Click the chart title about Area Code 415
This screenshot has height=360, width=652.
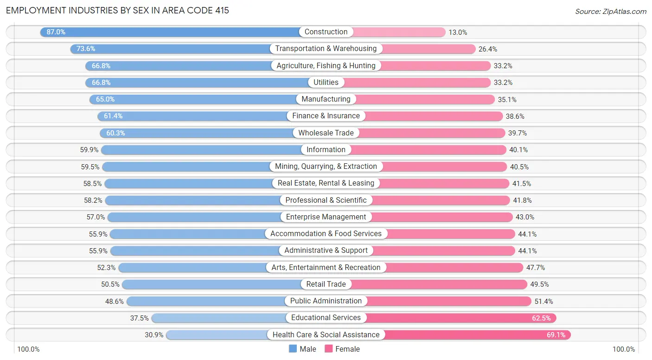coord(117,10)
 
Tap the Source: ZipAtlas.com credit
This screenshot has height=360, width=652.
coord(610,11)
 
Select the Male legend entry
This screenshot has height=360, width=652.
coord(302,349)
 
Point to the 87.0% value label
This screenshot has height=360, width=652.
coord(56,32)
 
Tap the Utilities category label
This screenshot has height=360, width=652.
coord(326,83)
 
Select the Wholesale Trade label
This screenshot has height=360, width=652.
coord(326,133)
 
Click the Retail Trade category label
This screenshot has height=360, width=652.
coord(326,284)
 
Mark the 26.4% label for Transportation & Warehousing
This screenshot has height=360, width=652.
coord(488,49)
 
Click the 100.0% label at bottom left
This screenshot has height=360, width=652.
coord(28,349)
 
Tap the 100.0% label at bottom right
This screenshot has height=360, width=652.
coord(624,349)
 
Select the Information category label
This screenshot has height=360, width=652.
coord(326,150)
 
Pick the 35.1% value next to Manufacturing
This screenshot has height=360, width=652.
coord(507,99)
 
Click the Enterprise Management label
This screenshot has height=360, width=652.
coord(326,217)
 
